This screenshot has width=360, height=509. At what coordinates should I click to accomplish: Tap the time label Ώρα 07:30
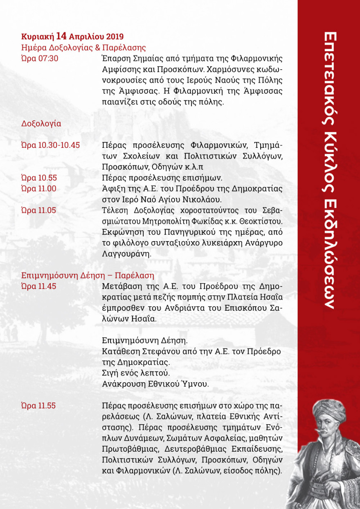(39, 58)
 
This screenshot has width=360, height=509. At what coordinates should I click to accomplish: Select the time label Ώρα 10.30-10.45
(50, 145)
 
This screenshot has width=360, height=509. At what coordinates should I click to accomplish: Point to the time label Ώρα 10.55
(39, 178)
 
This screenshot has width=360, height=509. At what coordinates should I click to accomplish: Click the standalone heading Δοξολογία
(41, 123)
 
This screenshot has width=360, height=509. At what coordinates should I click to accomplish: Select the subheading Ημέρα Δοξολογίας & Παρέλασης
(83, 47)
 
